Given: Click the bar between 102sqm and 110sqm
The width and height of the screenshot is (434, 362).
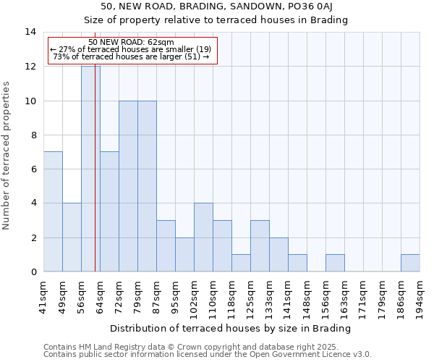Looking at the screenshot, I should tap(203, 237).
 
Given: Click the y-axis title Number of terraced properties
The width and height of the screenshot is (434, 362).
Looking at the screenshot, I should tap(7, 155).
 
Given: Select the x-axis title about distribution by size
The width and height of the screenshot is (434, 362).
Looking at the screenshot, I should tap(231, 328).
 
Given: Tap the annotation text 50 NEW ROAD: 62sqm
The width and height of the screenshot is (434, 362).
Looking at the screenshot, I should tap(132, 43).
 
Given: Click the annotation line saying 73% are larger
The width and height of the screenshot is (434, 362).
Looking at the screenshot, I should tap(132, 56).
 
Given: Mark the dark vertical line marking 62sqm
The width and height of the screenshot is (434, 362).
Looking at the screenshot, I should tap(95, 181).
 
